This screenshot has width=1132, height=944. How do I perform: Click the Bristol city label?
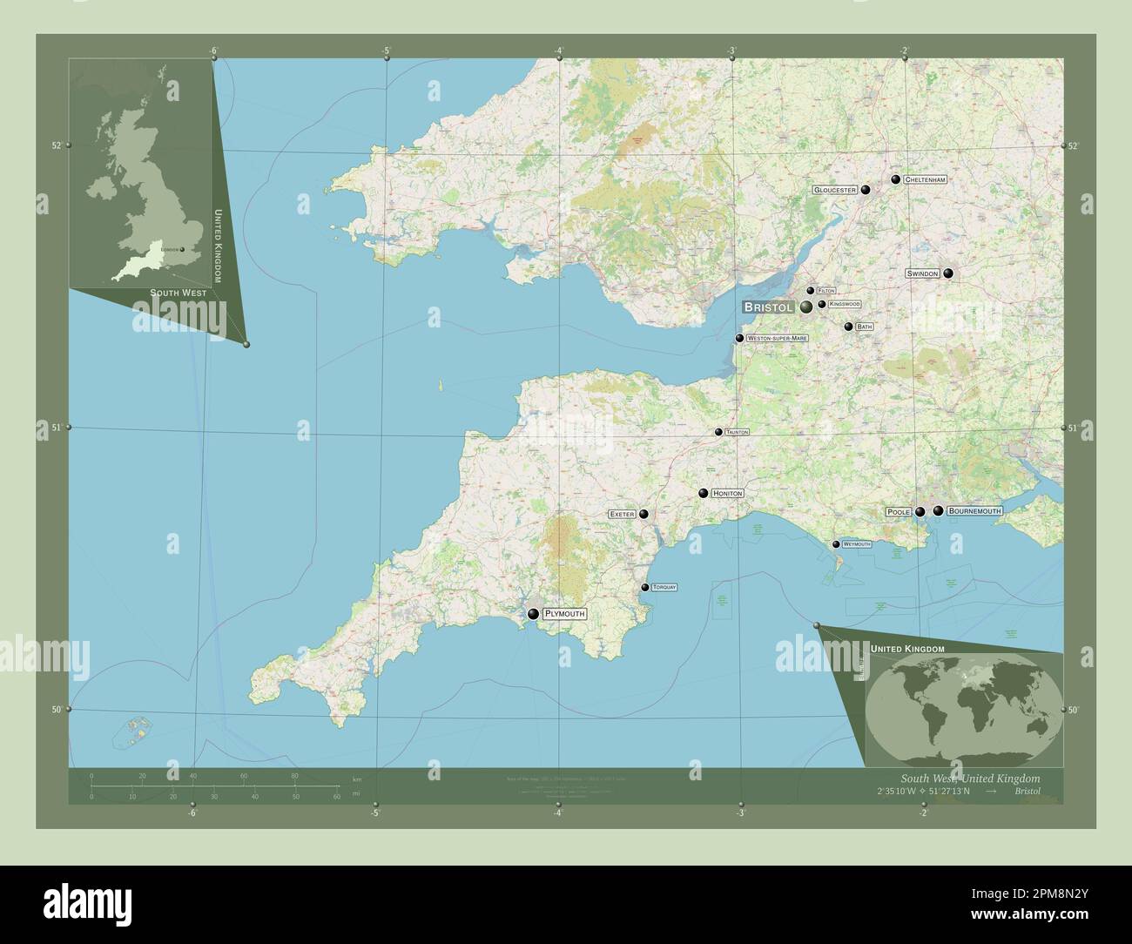tap(768, 307)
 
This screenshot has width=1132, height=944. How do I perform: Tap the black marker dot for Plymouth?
tap(533, 614)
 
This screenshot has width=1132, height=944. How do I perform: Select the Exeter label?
tap(623, 515)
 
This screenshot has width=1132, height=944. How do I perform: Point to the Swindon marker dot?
tap(947, 273)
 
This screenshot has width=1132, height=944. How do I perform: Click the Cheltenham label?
tap(925, 179)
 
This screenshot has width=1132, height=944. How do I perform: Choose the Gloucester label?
tap(835, 189)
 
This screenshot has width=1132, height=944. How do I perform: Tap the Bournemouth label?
tap(974, 511)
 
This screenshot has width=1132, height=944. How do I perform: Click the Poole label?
tap(899, 512)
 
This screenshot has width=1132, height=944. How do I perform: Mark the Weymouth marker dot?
tap(836, 544)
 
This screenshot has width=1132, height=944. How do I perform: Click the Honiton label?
tap(727, 494)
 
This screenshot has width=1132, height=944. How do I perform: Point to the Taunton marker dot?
tap(718, 432)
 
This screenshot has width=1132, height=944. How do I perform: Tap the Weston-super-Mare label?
tap(777, 338)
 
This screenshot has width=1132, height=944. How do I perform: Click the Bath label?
tap(864, 327)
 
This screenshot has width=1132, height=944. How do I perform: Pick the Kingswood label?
tap(844, 304)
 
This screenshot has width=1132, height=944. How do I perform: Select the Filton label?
tap(825, 291)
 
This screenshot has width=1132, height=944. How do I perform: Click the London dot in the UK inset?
tap(182, 250)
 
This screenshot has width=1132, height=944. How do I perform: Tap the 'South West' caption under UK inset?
tap(178, 293)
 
